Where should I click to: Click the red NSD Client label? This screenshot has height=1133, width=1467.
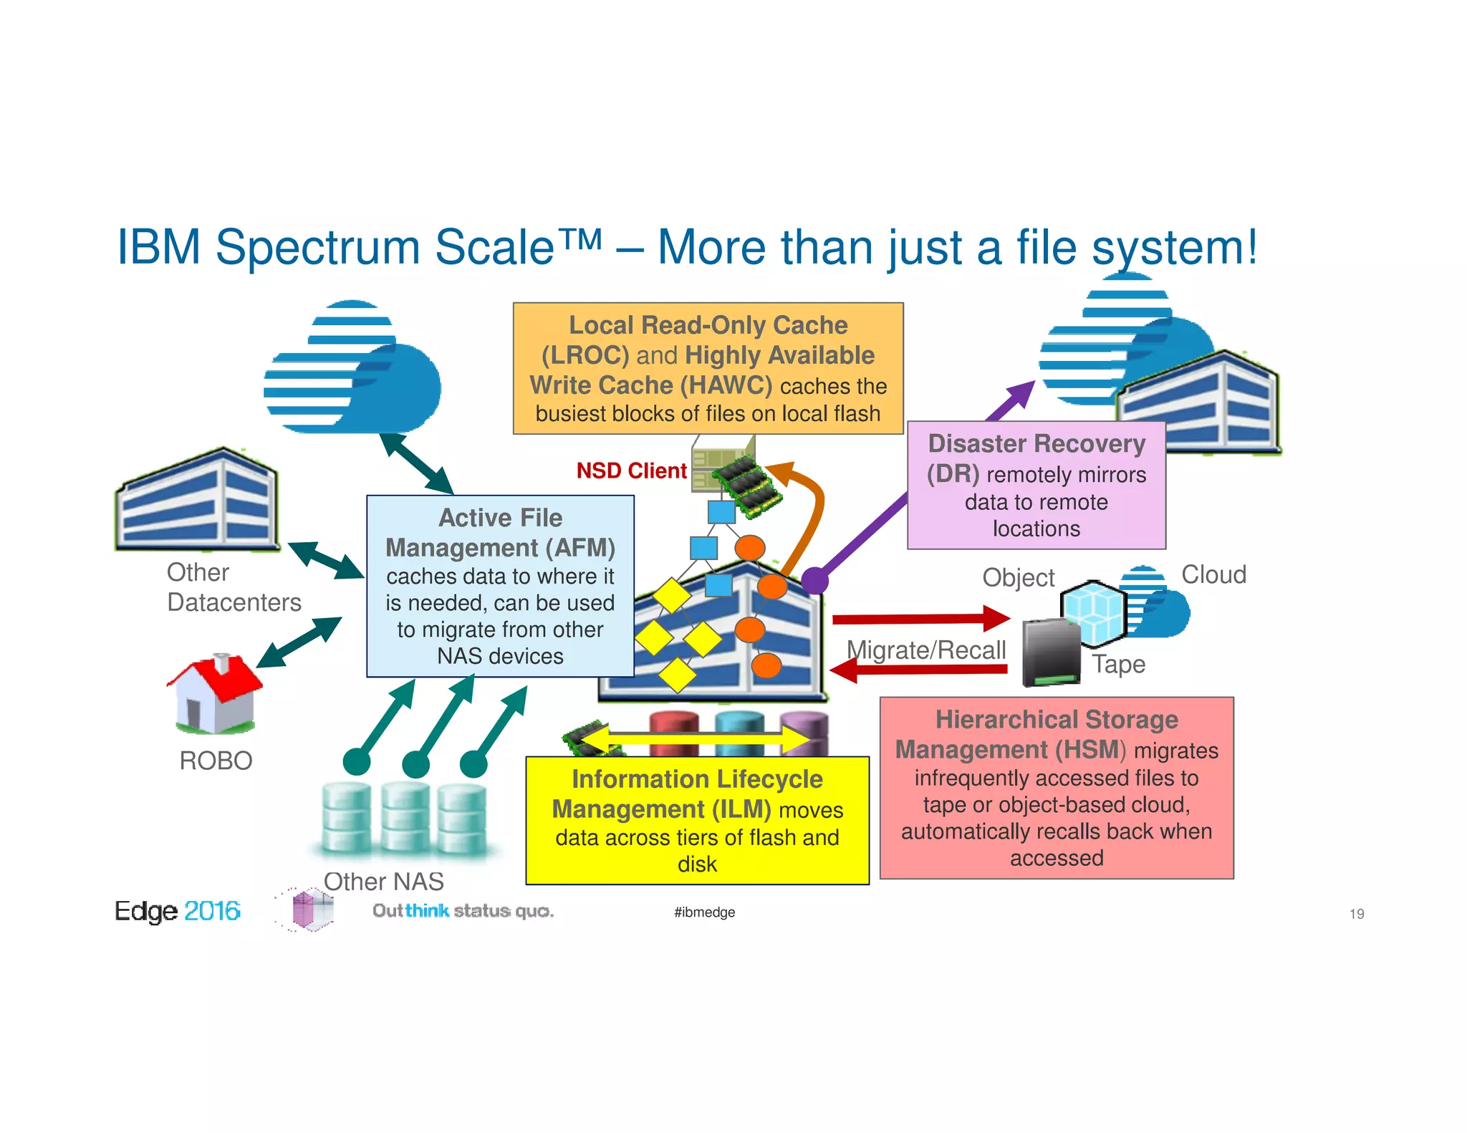point(631,471)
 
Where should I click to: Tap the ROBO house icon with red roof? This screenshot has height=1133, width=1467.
point(214,693)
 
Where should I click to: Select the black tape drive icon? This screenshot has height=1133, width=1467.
point(1050,652)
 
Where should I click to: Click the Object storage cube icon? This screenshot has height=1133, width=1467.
point(1093,612)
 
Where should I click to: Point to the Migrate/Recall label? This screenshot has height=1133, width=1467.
point(925,650)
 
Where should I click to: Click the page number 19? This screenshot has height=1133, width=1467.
point(1356,914)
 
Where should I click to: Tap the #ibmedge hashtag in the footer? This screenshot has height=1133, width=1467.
point(704,912)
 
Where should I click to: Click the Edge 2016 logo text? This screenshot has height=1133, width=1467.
point(177,911)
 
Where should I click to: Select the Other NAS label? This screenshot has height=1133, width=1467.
point(383,881)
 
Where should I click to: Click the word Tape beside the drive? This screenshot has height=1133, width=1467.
point(1118,664)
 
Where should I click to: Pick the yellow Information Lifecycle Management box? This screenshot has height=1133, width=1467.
point(697,821)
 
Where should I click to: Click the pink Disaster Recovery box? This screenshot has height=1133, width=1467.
point(1036,486)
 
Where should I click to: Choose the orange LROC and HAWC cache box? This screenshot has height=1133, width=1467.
point(708,368)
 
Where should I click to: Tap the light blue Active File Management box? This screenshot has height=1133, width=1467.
point(500,586)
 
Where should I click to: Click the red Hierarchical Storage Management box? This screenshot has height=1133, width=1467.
point(1057,788)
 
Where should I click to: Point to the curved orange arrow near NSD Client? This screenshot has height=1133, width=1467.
point(809,508)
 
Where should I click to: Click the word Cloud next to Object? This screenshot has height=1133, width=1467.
point(1213,574)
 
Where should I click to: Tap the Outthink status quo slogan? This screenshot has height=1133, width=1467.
point(463,911)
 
